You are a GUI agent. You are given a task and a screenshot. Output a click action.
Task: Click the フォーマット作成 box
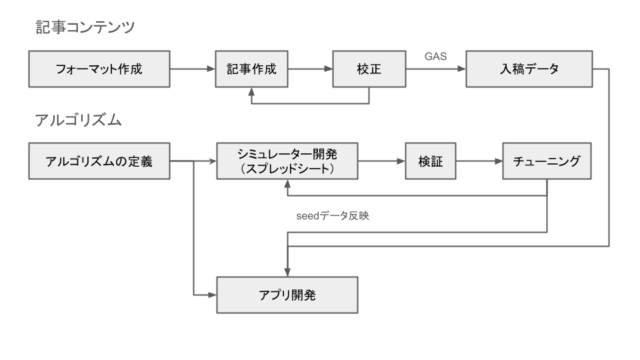[99, 69]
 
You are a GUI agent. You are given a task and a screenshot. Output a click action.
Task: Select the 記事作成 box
[251, 69]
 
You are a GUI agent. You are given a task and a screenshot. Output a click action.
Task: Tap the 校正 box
[369, 69]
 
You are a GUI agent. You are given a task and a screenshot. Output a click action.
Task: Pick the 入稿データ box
[529, 69]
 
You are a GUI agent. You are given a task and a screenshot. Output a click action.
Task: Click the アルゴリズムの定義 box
[99, 161]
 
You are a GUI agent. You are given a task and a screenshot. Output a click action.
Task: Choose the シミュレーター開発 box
[287, 161]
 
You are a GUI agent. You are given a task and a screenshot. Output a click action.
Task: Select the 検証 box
[431, 161]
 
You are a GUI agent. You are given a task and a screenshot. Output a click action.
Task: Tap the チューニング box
[547, 161]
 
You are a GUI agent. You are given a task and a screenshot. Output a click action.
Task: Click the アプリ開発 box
[287, 294]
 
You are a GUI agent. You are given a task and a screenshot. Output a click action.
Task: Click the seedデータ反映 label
[331, 216]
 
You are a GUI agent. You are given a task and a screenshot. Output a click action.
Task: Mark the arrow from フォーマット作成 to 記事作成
[193, 69]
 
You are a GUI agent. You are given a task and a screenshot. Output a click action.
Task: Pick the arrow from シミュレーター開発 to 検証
[381, 161]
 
